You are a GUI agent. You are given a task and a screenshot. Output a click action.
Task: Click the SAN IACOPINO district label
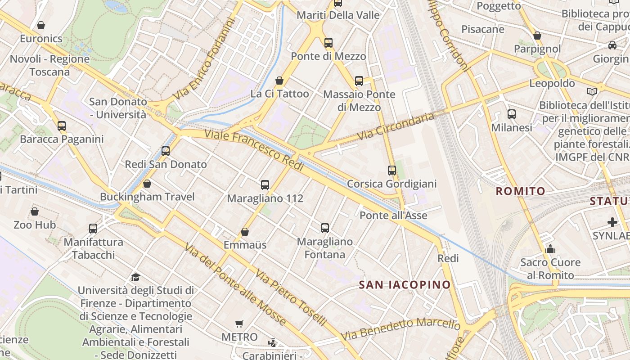point(405,284)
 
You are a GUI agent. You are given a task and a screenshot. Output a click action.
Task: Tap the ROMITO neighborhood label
point(520,191)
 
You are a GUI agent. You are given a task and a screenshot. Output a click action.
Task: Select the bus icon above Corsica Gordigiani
point(392,171)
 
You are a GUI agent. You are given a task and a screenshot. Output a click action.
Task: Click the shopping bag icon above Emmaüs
point(245,232)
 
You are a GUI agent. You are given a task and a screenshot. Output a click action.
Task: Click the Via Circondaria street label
point(396,126)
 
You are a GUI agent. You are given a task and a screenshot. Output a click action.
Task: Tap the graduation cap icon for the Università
point(135,277)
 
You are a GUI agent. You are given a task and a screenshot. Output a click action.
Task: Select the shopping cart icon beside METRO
point(239,324)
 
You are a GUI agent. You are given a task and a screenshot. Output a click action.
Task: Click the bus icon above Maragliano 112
point(265,184)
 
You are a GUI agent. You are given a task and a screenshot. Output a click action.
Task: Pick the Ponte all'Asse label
point(393,216)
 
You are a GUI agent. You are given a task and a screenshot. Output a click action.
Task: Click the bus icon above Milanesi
point(512,114)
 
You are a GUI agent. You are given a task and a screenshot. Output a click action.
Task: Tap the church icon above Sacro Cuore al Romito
point(550,249)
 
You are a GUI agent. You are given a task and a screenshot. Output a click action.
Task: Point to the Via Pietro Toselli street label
point(290,297)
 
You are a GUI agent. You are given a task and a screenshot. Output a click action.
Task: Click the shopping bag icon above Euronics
point(41,25)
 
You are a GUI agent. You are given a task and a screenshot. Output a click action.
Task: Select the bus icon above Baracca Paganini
point(62,126)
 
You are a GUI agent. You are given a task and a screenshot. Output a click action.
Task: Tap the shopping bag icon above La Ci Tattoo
point(279,81)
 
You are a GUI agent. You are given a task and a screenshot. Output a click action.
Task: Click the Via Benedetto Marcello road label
point(400,329)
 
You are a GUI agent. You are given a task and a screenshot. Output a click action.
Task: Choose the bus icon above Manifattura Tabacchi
point(93,229)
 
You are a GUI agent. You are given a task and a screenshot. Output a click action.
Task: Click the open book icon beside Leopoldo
point(593,91)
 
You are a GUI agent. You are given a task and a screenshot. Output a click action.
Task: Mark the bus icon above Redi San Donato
point(166,151)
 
